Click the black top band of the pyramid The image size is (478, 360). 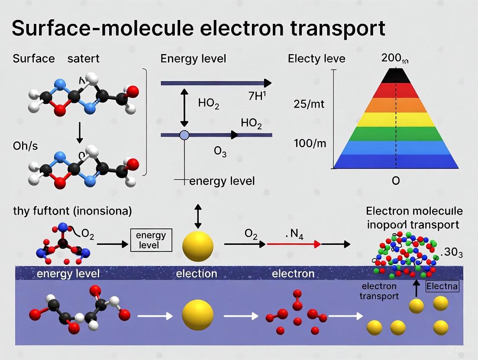pyautogui.click(x=396, y=76)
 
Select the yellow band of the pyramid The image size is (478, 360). pyautogui.click(x=396, y=119)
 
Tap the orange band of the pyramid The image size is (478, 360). pyautogui.click(x=396, y=104)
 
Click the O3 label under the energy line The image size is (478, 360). pyautogui.click(x=220, y=152)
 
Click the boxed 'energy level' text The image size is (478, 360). pyautogui.click(x=151, y=240)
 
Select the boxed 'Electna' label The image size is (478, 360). pyautogui.click(x=442, y=286)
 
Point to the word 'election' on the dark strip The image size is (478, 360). pyautogui.click(x=197, y=273)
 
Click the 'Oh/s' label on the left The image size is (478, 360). pyautogui.click(x=25, y=146)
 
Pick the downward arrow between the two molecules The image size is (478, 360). pyautogui.click(x=79, y=133)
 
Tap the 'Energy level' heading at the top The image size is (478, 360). pyautogui.click(x=193, y=58)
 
